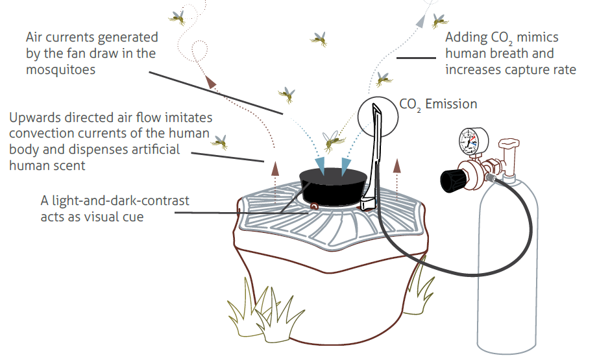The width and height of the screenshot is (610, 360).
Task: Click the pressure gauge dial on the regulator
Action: [x=474, y=141]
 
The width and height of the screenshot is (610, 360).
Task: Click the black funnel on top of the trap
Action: [x=333, y=186]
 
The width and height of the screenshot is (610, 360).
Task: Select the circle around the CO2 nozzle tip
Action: [x=378, y=117]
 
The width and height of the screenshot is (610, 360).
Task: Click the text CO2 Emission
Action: [x=438, y=104]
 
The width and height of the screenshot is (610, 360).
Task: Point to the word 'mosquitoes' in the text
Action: [x=61, y=69]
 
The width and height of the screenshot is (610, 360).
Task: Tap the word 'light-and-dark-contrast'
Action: [x=120, y=200]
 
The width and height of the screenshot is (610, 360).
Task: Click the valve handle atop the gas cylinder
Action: [x=509, y=143]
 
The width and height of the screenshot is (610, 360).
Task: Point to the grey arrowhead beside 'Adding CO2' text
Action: [x=421, y=21]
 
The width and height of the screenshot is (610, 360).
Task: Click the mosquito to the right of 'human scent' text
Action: [x=220, y=142]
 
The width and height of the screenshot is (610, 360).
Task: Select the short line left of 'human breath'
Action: [x=416, y=58]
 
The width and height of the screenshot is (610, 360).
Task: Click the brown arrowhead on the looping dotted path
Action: [x=210, y=82]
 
